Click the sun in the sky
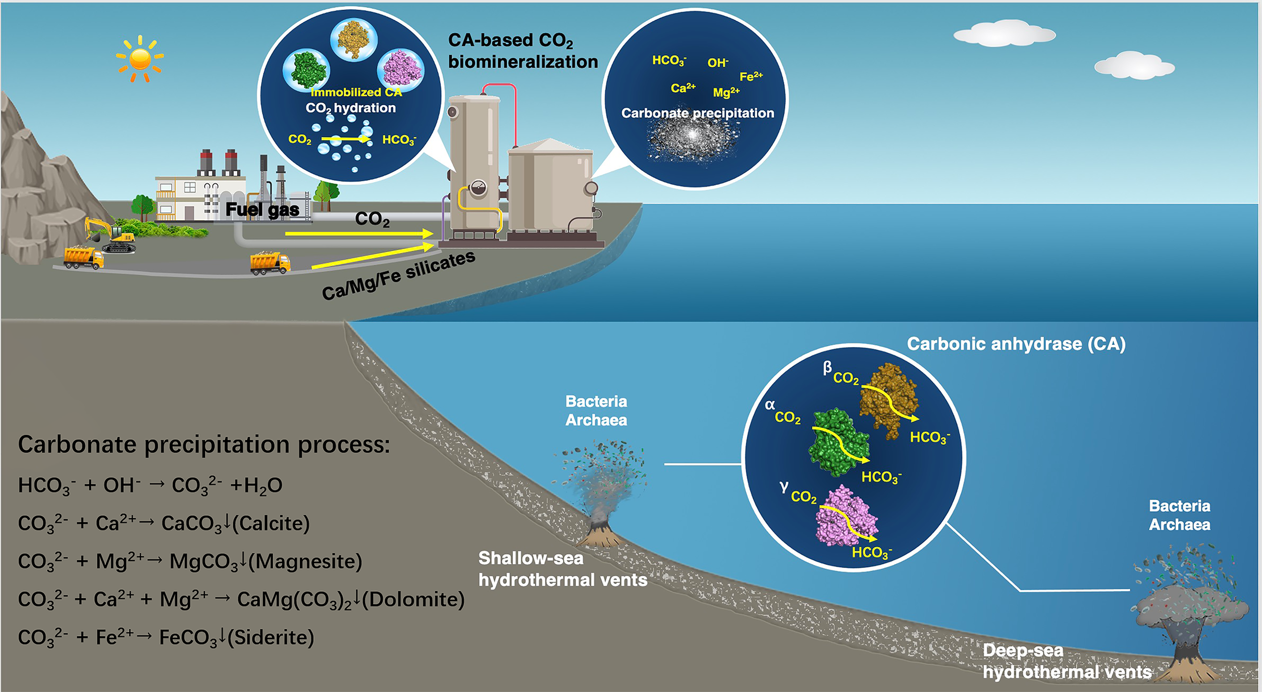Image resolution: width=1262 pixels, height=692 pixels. [x=140, y=59]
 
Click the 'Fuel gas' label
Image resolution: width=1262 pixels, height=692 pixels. [x=262, y=210]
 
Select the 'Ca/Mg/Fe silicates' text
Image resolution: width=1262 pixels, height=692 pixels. [x=399, y=276]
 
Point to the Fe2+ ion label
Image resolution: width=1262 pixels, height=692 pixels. [x=751, y=76]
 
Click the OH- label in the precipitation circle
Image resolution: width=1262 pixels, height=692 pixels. [x=717, y=63]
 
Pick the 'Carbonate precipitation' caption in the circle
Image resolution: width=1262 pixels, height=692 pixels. [x=697, y=113]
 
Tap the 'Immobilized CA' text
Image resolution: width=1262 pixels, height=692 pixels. [x=356, y=92]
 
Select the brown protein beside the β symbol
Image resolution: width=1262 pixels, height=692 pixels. [x=888, y=399]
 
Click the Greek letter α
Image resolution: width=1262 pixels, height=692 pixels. [x=770, y=405]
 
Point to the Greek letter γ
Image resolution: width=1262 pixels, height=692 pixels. [x=783, y=486]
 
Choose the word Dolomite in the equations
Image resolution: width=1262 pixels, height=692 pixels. [x=413, y=600]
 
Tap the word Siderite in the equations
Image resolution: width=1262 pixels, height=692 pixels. [x=271, y=637]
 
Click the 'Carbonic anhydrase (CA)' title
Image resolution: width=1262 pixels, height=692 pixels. [x=1016, y=344]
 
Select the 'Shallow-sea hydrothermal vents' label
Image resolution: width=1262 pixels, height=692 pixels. [x=562, y=569]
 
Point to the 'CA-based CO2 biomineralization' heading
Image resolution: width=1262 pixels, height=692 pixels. [x=522, y=51]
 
